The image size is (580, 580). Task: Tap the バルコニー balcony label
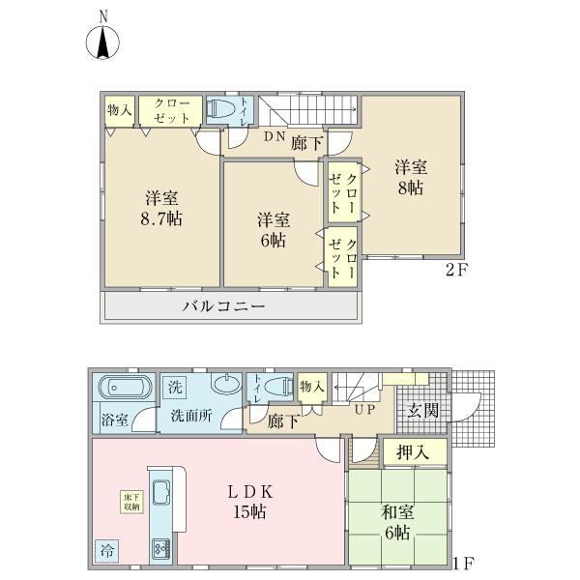click(x=224, y=306)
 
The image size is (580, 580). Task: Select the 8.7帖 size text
click(x=161, y=219)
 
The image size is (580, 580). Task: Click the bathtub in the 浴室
click(x=125, y=388)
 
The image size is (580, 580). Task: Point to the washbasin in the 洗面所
click(x=226, y=383)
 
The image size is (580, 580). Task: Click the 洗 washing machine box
click(x=175, y=387)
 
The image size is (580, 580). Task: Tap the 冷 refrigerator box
click(x=107, y=551)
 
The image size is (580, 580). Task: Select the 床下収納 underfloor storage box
click(x=131, y=503)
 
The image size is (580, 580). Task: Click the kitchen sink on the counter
click(x=161, y=492)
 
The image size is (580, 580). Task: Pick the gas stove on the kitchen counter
click(x=161, y=550)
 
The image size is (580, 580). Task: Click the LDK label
click(x=250, y=492)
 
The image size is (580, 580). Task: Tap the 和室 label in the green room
click(x=397, y=512)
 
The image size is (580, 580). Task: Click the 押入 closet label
click(x=413, y=452)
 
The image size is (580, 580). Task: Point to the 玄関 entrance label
click(x=423, y=410)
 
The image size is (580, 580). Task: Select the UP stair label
click(x=364, y=410)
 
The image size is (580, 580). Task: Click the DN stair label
click(x=275, y=136)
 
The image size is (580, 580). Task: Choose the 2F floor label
click(x=456, y=271)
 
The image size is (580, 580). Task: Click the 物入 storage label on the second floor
click(x=119, y=110)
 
